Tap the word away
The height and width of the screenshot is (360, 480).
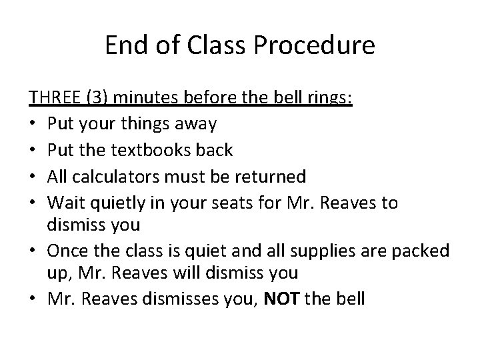tap(195, 124)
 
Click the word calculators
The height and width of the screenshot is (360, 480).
tap(115, 176)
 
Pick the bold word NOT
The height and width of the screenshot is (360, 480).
tap(283, 299)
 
